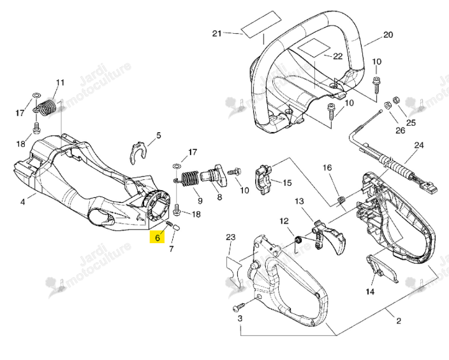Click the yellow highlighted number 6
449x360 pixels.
[x=157, y=237]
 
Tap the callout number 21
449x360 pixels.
[x=217, y=34]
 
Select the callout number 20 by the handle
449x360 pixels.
[x=388, y=35]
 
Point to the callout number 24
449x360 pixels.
[x=418, y=146]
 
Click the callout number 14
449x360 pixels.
[x=370, y=292]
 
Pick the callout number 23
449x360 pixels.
[x=230, y=237]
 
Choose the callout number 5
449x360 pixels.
[x=158, y=135]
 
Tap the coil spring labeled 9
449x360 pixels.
[x=188, y=179]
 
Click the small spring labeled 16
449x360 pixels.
[x=341, y=200]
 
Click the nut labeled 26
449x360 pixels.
[x=386, y=105]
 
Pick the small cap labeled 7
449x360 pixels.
[x=177, y=228]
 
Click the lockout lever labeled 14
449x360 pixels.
[x=382, y=267]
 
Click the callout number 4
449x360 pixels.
[x=22, y=202]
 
